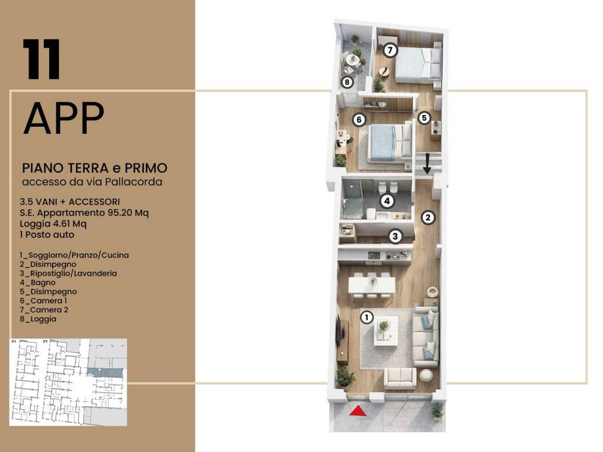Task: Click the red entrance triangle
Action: pos(358,412)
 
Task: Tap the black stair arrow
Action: pos(427,164)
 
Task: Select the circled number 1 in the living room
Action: pos(367,318)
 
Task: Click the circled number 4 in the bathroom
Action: pos(387,201)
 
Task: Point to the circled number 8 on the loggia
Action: pos(347,82)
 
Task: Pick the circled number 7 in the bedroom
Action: pos(390,50)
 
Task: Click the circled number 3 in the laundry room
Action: pos(395,236)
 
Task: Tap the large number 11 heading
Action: pos(41,59)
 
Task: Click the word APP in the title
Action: pos(64,118)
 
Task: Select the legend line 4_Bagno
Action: pos(38,282)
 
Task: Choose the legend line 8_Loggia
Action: pos(38,319)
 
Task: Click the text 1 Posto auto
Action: pos(47,234)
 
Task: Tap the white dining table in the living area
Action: pos(372,285)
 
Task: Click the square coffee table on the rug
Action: pos(386,331)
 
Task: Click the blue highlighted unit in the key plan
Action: pos(105,373)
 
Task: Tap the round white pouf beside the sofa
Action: pos(426,375)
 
